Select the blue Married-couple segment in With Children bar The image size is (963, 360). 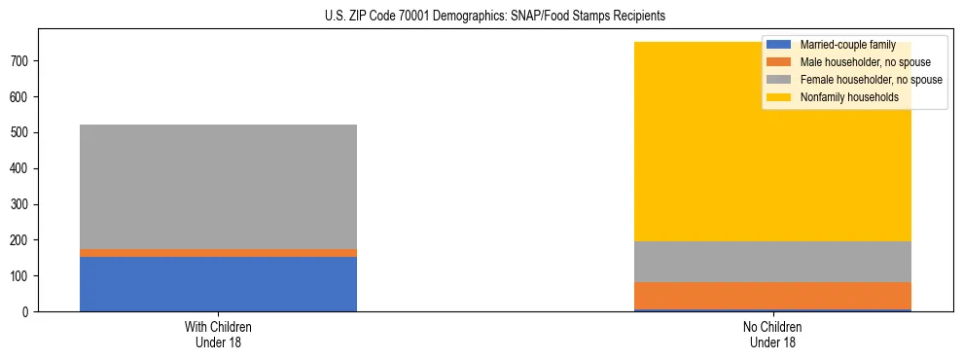[x=218, y=284]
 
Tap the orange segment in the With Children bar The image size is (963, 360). [x=218, y=253]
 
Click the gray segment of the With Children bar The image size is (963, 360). [x=218, y=186]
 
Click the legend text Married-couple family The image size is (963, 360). [x=847, y=45]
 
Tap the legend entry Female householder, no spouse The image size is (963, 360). [x=871, y=80]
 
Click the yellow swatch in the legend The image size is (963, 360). [x=779, y=97]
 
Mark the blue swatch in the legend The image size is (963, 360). [x=779, y=45]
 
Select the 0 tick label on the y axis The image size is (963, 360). [x=28, y=312]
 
